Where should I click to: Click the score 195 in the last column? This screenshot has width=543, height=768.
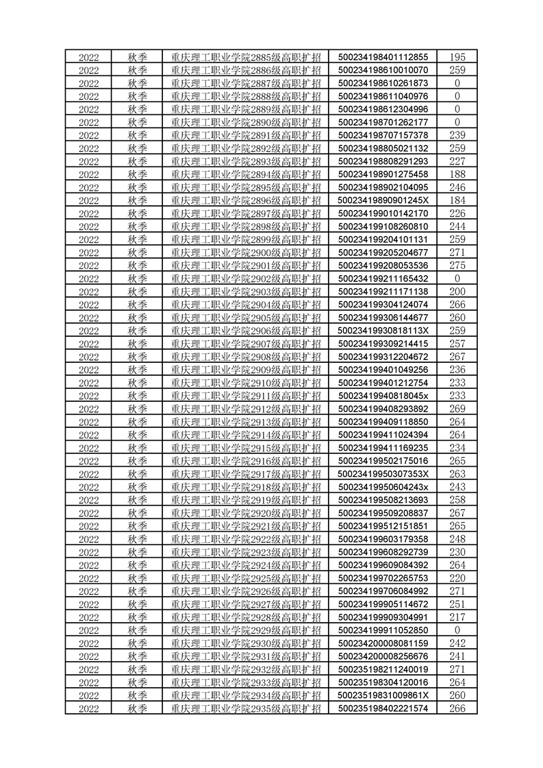pyautogui.click(x=457, y=57)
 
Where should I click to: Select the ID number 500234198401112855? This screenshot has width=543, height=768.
pyautogui.click(x=383, y=57)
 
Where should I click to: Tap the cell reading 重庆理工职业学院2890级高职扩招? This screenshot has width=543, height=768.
pyautogui.click(x=246, y=122)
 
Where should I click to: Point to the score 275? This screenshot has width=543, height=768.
pyautogui.click(x=457, y=265)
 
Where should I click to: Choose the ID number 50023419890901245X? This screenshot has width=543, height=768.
pyautogui.click(x=383, y=200)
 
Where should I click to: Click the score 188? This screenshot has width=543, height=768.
pyautogui.click(x=457, y=174)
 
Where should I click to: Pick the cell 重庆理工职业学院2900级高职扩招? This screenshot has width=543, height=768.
pyautogui.click(x=246, y=252)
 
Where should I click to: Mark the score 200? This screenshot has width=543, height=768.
pyautogui.click(x=457, y=291)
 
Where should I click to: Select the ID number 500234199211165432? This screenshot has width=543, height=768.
pyautogui.click(x=383, y=278)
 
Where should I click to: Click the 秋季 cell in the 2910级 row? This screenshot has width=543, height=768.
pyautogui.click(x=138, y=383)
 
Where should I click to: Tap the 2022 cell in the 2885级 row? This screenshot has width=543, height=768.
pyautogui.click(x=89, y=57)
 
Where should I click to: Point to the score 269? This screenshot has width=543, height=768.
pyautogui.click(x=457, y=409)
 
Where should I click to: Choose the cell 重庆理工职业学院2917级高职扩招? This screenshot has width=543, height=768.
pyautogui.click(x=246, y=474)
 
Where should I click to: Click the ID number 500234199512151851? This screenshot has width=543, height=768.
pyautogui.click(x=383, y=526)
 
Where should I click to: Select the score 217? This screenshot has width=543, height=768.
pyautogui.click(x=457, y=617)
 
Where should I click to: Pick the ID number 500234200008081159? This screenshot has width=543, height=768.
pyautogui.click(x=383, y=643)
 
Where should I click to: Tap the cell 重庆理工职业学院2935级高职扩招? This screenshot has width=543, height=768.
pyautogui.click(x=246, y=708)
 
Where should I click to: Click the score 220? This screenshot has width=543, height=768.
pyautogui.click(x=457, y=578)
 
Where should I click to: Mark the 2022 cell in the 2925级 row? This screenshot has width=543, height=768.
pyautogui.click(x=89, y=578)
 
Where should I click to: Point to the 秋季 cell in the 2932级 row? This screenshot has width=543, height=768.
pyautogui.click(x=138, y=669)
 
